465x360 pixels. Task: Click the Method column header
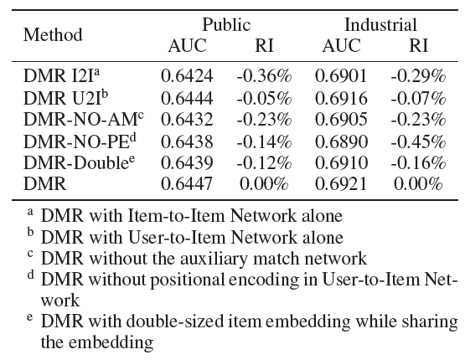53,34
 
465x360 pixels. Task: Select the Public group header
226,24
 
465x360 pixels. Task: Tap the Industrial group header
380,24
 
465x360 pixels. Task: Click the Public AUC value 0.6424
187,76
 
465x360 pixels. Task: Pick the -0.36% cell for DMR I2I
264,76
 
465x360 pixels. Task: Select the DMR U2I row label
65,97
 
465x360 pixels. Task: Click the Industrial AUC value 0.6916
341,98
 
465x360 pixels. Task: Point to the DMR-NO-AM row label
84,119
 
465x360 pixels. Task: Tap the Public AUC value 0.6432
187,120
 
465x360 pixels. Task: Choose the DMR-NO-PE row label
80,141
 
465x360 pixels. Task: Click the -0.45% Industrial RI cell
418,141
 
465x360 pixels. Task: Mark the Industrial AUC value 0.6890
341,141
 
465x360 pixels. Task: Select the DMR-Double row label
80,162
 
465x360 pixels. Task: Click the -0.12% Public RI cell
264,163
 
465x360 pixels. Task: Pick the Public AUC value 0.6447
187,183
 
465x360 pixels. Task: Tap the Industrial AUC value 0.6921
341,183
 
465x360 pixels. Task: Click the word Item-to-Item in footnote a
176,215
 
